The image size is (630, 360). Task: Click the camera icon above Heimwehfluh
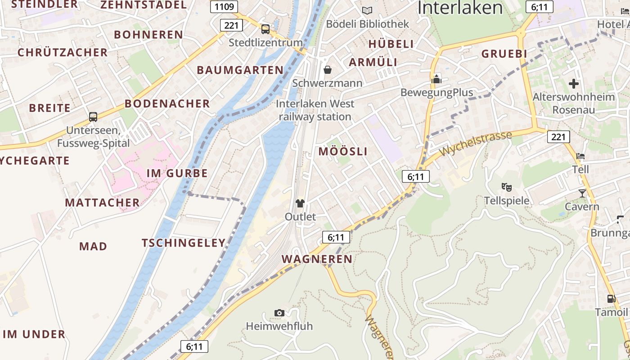(279, 313)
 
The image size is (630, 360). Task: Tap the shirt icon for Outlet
(300, 203)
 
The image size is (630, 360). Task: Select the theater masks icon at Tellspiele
(507, 187)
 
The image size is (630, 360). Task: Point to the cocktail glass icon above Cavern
(582, 193)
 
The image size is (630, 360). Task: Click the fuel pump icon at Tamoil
(611, 298)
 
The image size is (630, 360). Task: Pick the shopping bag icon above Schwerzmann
(328, 70)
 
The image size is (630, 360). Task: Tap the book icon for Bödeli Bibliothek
(367, 10)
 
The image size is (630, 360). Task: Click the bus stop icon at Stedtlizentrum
(265, 29)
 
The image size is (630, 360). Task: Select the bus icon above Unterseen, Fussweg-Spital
(93, 117)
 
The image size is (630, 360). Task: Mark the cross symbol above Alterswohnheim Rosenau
(573, 83)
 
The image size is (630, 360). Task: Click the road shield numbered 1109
(224, 7)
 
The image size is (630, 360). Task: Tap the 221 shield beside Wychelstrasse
(558, 137)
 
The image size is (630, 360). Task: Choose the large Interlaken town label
(460, 8)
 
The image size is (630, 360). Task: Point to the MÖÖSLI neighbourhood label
(343, 152)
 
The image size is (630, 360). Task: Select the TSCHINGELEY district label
(184, 243)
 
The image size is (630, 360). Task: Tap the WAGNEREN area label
(317, 259)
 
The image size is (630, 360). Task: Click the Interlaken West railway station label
(315, 110)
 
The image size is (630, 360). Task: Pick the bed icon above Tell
(580, 157)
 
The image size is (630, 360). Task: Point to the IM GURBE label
(177, 173)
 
